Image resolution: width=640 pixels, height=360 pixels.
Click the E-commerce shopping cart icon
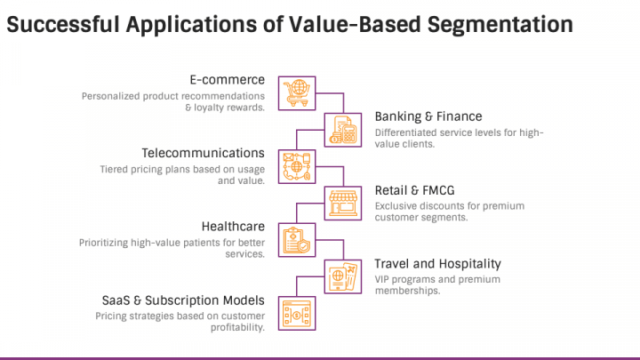(x=297, y=93)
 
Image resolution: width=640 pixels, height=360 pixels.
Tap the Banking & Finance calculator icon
(x=343, y=130)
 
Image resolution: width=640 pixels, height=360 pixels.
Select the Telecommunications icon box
(x=297, y=166)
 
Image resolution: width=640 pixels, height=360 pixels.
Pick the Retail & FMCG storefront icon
(x=343, y=204)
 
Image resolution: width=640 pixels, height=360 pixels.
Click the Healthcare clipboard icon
(x=297, y=240)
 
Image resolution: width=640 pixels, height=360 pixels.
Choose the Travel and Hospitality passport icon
(x=343, y=276)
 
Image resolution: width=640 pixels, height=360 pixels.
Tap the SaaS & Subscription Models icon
(x=297, y=314)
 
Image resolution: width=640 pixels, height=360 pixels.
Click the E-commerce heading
(x=228, y=80)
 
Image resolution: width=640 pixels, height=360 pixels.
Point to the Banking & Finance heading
(x=428, y=116)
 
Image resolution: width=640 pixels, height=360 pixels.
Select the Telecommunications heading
(x=204, y=153)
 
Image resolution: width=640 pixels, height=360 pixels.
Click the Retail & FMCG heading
(x=415, y=190)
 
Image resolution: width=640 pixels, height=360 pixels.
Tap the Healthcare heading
(x=233, y=227)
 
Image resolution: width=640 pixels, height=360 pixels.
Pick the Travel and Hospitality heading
(x=438, y=264)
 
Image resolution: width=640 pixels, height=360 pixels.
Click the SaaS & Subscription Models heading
(x=183, y=300)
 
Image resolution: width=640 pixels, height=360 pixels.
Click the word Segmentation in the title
(x=500, y=25)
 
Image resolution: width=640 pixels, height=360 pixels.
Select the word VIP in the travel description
(x=381, y=280)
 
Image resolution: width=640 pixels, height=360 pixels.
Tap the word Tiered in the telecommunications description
(x=114, y=170)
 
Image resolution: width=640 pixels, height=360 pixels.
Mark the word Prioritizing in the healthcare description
(x=103, y=244)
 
